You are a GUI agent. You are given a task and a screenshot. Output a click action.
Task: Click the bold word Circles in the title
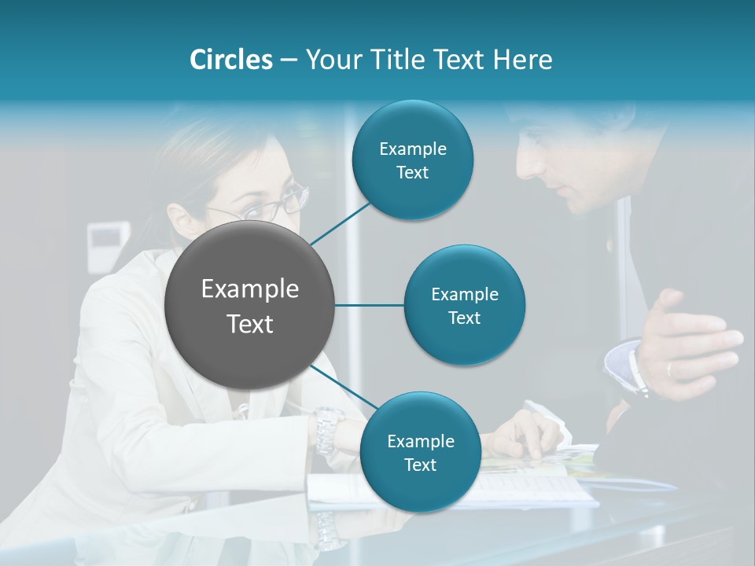click(x=230, y=60)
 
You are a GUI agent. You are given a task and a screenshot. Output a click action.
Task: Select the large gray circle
click(x=250, y=305)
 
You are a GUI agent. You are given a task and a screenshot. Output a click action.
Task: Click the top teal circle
click(x=412, y=160)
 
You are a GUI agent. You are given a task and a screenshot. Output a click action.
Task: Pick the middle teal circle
click(x=464, y=305)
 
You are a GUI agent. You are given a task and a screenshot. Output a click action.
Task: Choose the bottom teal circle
click(x=420, y=452)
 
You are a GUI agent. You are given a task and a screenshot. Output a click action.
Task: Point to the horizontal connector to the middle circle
click(x=370, y=305)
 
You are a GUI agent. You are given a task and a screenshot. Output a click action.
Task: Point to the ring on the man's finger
click(x=668, y=368)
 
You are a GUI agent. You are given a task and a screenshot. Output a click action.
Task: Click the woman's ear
click(x=179, y=218)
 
